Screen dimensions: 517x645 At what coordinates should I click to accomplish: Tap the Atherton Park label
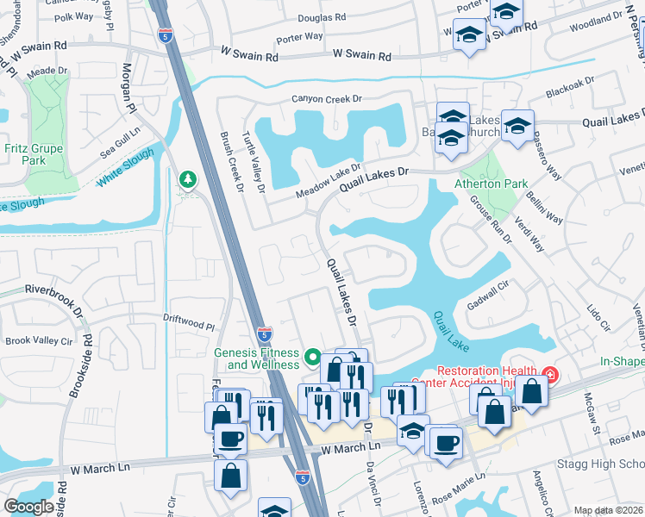(492, 184)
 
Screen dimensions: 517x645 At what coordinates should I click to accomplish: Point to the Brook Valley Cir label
(40, 341)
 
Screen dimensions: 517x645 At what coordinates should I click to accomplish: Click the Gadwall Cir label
(486, 293)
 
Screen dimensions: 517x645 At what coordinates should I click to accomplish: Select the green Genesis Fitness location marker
(313, 356)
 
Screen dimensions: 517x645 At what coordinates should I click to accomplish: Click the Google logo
(28, 507)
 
